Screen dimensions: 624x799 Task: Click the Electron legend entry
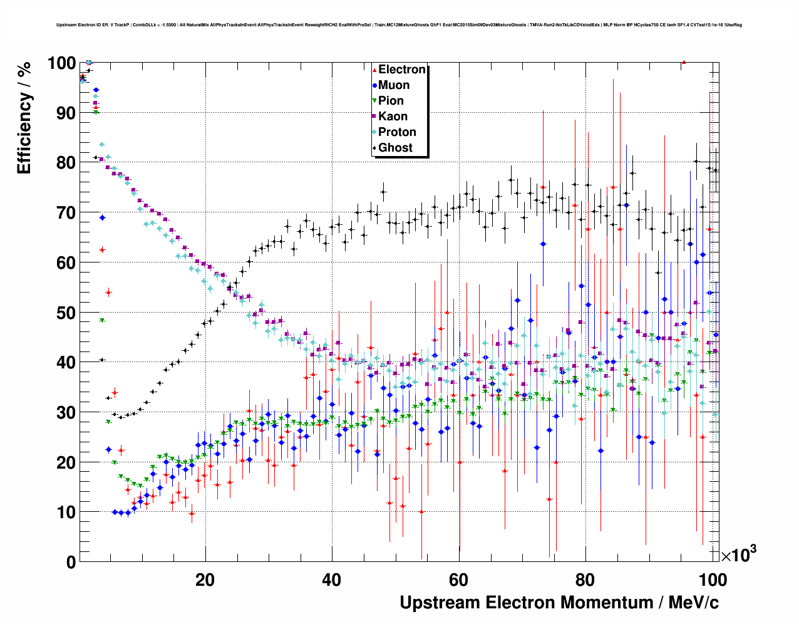pos(401,70)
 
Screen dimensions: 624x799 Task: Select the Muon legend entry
pos(393,85)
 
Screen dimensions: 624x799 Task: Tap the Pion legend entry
pos(391,101)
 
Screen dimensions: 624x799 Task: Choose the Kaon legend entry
pos(393,117)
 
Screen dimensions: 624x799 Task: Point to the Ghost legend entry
pos(395,148)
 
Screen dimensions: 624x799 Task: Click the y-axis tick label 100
pos(61,63)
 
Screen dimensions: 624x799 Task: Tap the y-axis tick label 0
pos(71,562)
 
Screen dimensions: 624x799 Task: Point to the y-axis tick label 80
pos(65,163)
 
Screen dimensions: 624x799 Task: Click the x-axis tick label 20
pos(205,580)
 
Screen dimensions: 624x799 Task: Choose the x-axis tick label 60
pos(458,580)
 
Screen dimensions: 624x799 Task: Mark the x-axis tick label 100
pos(713,580)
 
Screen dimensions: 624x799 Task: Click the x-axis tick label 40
pos(331,580)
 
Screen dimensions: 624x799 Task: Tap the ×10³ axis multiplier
pos(739,554)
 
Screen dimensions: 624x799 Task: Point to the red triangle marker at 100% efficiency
pos(684,62)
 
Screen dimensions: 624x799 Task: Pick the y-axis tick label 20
pos(65,462)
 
